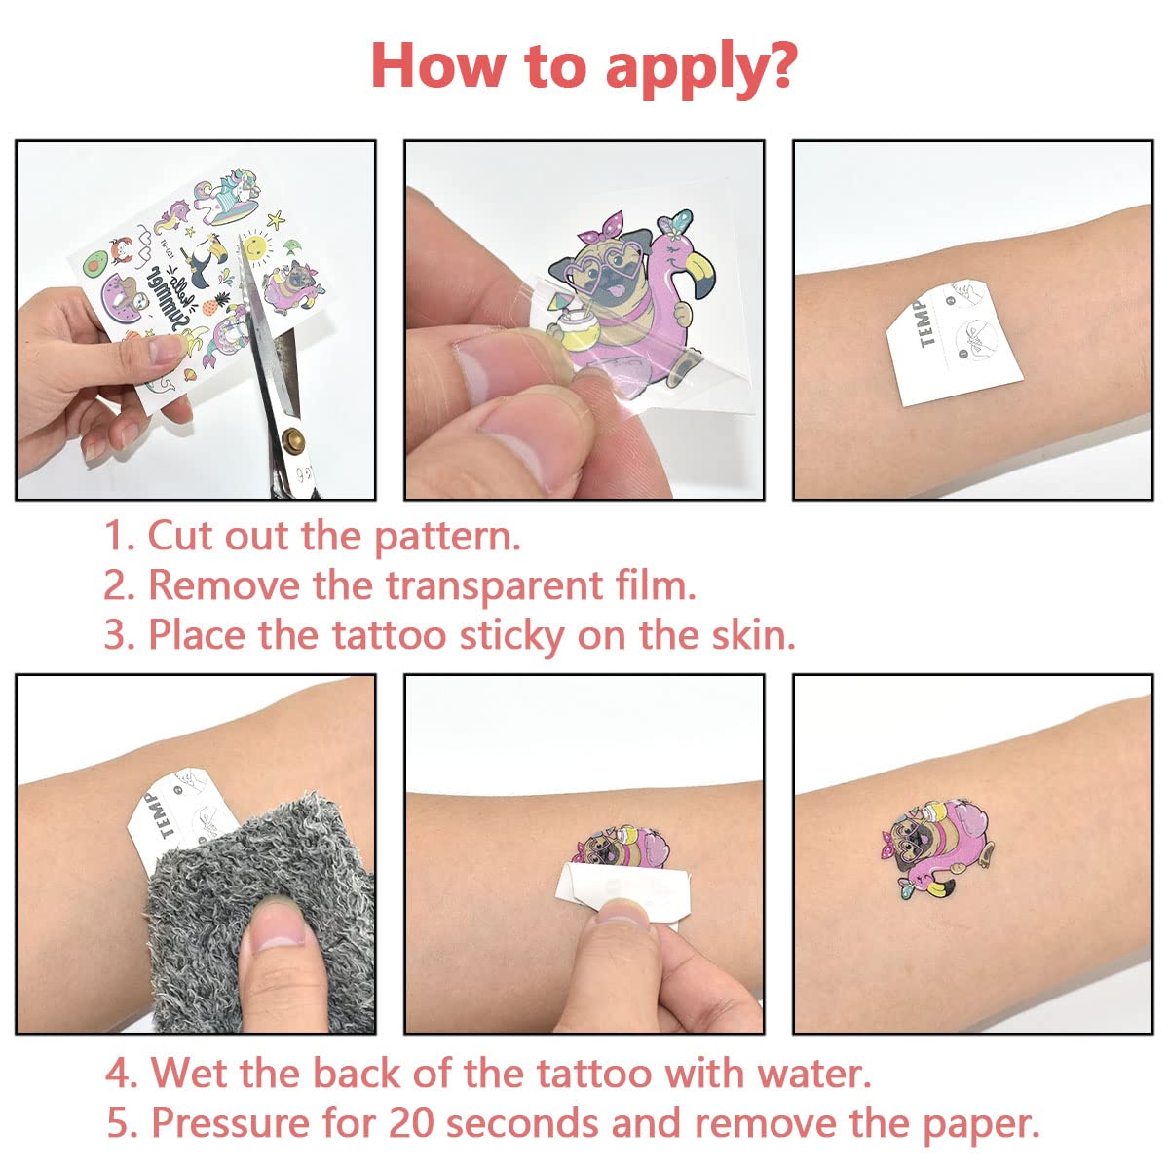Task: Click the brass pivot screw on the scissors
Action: coord(294,437)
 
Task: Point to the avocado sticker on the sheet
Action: coord(97,263)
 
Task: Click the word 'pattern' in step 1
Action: coord(446,538)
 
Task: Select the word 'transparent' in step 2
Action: coord(495,587)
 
